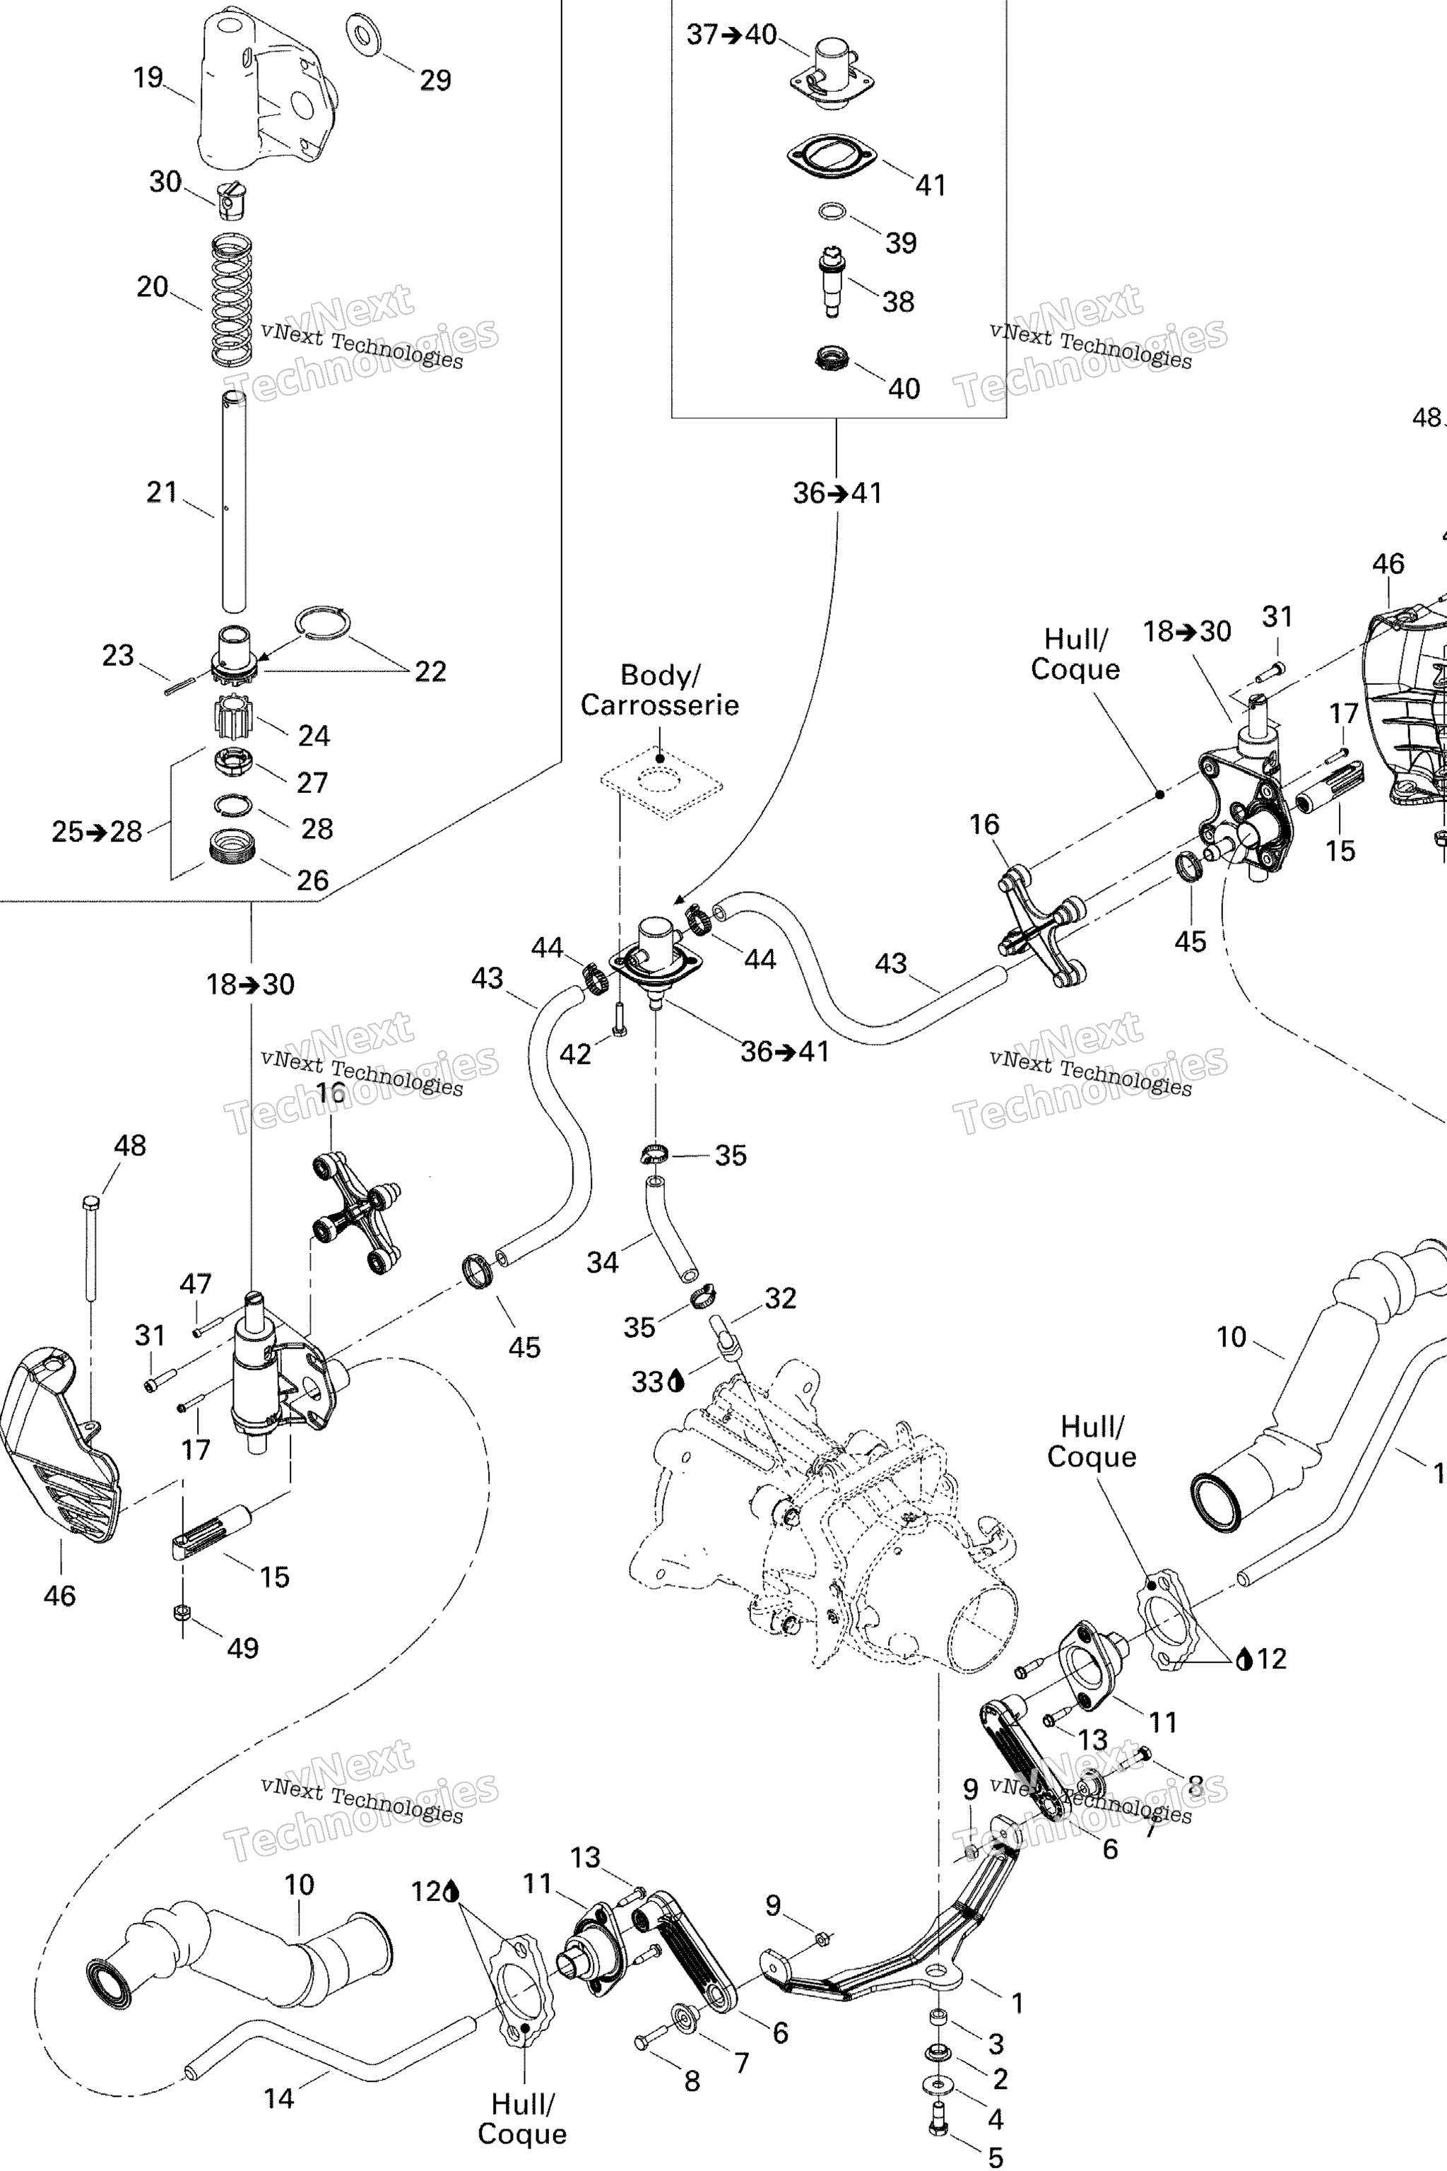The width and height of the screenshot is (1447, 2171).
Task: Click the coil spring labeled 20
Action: (232, 300)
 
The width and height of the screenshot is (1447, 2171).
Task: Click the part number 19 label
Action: (148, 78)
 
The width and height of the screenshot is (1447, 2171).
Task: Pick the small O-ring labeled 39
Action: (832, 212)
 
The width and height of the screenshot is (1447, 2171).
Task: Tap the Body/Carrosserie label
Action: (659, 690)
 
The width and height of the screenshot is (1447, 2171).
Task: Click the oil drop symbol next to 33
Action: (678, 1381)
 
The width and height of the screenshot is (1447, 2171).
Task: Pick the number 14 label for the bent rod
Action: (278, 2099)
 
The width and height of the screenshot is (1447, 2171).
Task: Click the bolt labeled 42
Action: (619, 1019)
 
